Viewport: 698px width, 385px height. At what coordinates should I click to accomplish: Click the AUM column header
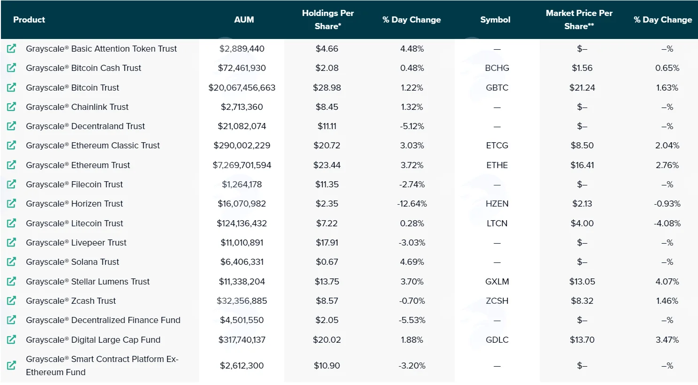click(244, 20)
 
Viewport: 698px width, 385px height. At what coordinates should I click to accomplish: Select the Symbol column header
click(495, 20)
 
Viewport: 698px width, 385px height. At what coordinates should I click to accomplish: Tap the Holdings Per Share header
click(328, 20)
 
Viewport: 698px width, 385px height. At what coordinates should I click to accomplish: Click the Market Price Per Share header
click(579, 20)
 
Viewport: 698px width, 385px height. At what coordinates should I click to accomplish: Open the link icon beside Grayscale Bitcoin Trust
click(12, 87)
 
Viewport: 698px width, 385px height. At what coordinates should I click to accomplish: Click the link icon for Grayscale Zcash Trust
click(12, 300)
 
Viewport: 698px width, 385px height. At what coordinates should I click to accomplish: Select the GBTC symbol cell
click(497, 87)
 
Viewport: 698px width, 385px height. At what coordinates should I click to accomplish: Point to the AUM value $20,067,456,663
click(242, 87)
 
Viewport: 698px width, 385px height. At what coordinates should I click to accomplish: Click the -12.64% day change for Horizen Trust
click(412, 204)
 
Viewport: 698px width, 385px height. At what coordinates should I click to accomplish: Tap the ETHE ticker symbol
click(497, 165)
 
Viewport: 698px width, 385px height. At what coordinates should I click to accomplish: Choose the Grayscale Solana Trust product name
click(72, 262)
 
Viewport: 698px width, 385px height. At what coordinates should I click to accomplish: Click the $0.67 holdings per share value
click(327, 262)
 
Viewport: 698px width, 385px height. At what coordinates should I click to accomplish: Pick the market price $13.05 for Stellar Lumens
click(582, 282)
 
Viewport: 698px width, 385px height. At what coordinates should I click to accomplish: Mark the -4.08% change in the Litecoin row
click(667, 223)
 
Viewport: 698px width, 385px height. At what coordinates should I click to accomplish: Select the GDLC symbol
click(497, 340)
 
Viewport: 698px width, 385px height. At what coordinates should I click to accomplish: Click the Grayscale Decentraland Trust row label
click(85, 126)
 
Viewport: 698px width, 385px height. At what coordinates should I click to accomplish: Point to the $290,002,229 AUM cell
click(242, 146)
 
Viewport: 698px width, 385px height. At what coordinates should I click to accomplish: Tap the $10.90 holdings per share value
click(327, 365)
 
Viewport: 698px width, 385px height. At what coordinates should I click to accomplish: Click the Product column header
click(29, 20)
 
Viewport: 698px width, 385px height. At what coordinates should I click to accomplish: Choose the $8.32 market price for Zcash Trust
click(582, 301)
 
